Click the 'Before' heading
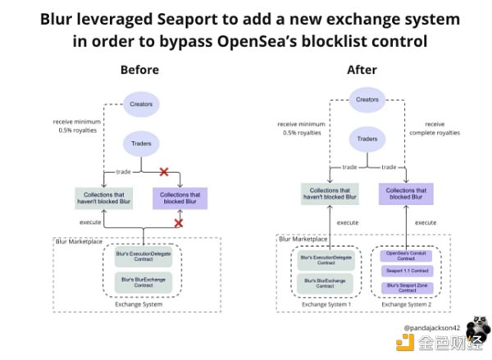click(x=139, y=70)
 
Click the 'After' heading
click(x=362, y=70)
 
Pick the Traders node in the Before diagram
click(x=140, y=144)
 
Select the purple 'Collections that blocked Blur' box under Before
click(x=180, y=197)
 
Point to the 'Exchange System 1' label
click(x=326, y=306)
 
